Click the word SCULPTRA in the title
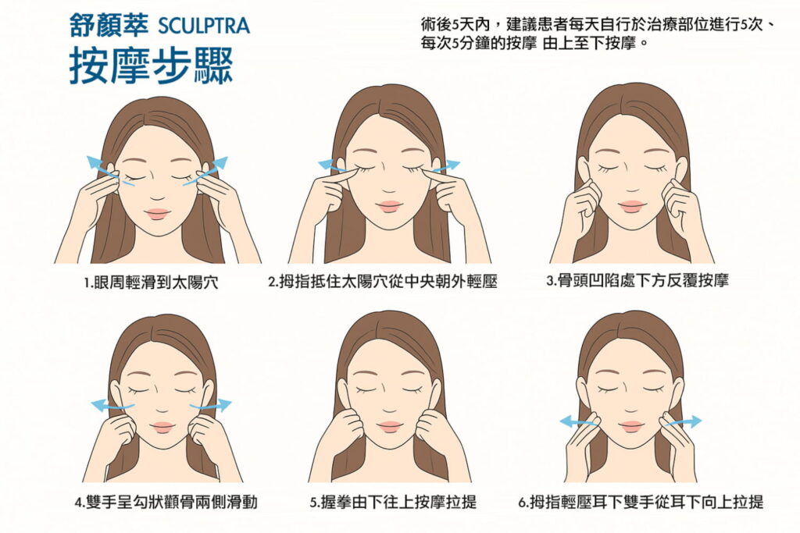pyautogui.click(x=204, y=26)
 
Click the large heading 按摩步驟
pyautogui.click(x=152, y=66)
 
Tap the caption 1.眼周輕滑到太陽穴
pyautogui.click(x=152, y=282)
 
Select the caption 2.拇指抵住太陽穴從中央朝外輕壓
pyautogui.click(x=383, y=281)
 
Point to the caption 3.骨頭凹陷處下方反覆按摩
pyautogui.click(x=637, y=281)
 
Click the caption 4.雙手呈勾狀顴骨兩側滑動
pyautogui.click(x=166, y=503)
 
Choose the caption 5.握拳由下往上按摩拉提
pyautogui.click(x=393, y=503)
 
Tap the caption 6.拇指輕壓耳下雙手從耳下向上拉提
pyautogui.click(x=641, y=503)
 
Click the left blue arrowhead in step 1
pyautogui.click(x=95, y=162)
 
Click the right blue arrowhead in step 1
pyautogui.click(x=220, y=163)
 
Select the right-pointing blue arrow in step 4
pyautogui.click(x=211, y=405)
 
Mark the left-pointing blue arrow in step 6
pyautogui.click(x=579, y=421)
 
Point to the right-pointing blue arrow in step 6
pyautogui.click(x=682, y=421)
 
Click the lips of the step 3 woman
pyautogui.click(x=632, y=206)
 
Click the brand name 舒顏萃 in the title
pyautogui.click(x=109, y=26)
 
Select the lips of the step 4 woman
pyautogui.click(x=163, y=427)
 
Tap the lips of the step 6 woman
pyautogui.click(x=631, y=426)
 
